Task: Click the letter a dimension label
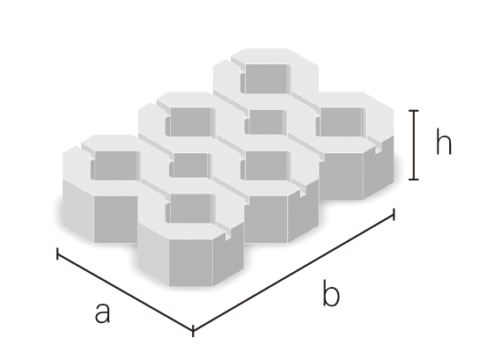pos(102,312)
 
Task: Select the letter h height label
pos(443,141)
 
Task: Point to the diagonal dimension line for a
pos(125,290)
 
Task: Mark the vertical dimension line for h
pos(414,144)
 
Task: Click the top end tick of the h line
pos(414,111)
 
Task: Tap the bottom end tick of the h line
pos(414,179)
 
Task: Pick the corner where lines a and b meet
pos(193,331)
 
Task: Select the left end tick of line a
pos(57,253)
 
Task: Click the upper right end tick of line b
pos(394,215)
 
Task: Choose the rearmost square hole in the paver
pos(266,78)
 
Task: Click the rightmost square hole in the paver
pos(341,121)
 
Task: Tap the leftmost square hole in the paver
pos(115,165)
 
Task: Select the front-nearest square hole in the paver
pos(190,209)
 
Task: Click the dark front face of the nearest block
pos(191,262)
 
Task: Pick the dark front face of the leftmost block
pos(115,219)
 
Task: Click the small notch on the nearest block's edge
pos(227,236)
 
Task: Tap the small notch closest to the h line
pos(379,149)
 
